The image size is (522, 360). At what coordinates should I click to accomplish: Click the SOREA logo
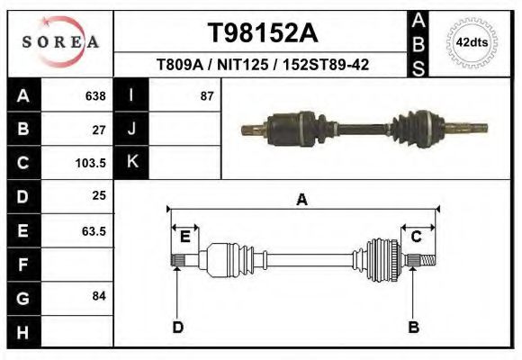pyautogui.click(x=60, y=41)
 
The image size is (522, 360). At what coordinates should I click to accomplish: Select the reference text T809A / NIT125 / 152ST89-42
pyautogui.click(x=262, y=65)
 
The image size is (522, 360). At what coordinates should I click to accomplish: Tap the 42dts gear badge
pyautogui.click(x=472, y=42)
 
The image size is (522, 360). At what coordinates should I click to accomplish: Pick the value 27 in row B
pyautogui.click(x=99, y=129)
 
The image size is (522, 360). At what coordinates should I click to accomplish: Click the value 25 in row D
pyautogui.click(x=99, y=195)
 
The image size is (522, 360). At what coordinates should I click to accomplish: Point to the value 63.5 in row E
pyautogui.click(x=94, y=230)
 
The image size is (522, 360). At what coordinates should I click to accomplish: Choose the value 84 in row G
pyautogui.click(x=99, y=296)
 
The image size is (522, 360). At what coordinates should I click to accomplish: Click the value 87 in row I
pyautogui.click(x=207, y=95)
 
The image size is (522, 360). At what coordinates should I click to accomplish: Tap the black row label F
pyautogui.click(x=23, y=264)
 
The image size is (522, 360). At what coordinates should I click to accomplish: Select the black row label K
pyautogui.click(x=131, y=162)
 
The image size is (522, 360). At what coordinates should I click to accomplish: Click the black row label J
pyautogui.click(x=131, y=129)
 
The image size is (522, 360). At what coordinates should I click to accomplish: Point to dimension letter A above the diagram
pyautogui.click(x=302, y=200)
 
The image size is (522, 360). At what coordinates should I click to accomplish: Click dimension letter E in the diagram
pyautogui.click(x=184, y=237)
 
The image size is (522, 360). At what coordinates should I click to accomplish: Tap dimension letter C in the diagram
pyautogui.click(x=417, y=236)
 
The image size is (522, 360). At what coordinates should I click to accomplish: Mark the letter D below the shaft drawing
pyautogui.click(x=177, y=327)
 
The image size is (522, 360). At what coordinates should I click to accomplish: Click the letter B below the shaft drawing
pyautogui.click(x=414, y=327)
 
